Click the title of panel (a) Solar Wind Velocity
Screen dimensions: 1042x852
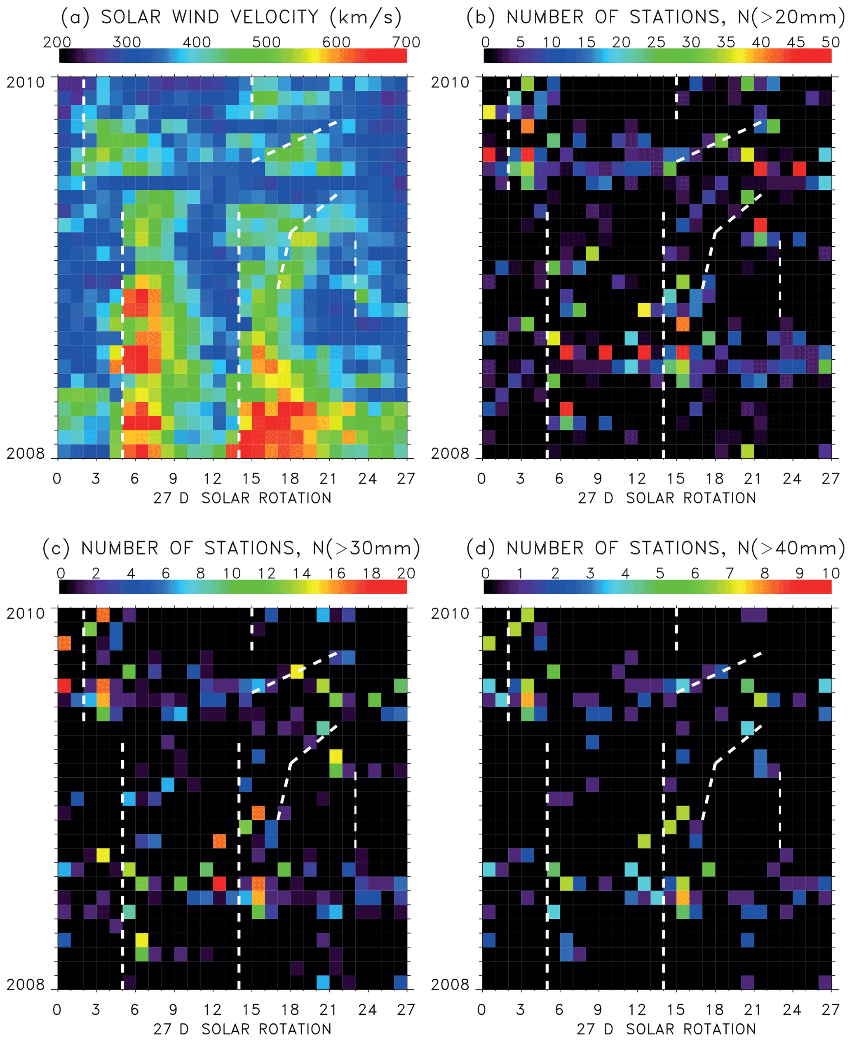pyautogui.click(x=231, y=18)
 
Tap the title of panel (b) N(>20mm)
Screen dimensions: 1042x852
pyautogui.click(x=656, y=18)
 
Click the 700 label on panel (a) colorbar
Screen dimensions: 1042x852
pyautogui.click(x=406, y=42)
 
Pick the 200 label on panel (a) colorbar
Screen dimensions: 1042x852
pyautogui.click(x=57, y=42)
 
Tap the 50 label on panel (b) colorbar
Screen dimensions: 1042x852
pyautogui.click(x=831, y=42)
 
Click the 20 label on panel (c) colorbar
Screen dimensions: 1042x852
pyautogui.click(x=406, y=573)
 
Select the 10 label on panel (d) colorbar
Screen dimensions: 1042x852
pyautogui.click(x=831, y=573)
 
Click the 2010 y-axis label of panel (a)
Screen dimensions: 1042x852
pyautogui.click(x=26, y=82)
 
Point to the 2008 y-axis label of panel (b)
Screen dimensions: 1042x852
pyautogui.click(x=450, y=453)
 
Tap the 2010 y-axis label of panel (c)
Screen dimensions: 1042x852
pyautogui.click(x=26, y=613)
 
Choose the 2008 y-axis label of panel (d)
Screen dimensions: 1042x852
pyautogui.click(x=450, y=985)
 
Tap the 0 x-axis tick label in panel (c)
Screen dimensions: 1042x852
pyautogui.click(x=57, y=1009)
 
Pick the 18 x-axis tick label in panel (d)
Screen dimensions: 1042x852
pyautogui.click(x=715, y=1009)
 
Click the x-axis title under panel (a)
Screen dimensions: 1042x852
pyautogui.click(x=242, y=498)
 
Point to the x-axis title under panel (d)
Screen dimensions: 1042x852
pyautogui.click(x=667, y=1029)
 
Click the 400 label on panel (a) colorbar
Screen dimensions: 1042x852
pyautogui.click(x=197, y=42)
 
